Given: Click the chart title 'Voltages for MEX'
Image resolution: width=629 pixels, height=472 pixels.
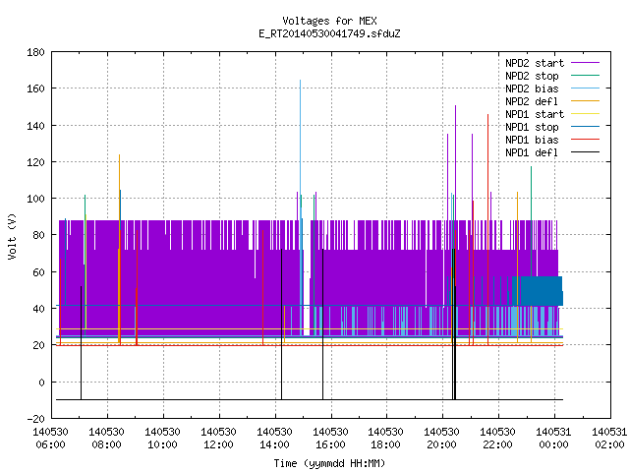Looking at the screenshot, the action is pyautogui.click(x=329, y=21).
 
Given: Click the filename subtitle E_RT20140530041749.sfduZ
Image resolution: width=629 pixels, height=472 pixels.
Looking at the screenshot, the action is pyautogui.click(x=329, y=33).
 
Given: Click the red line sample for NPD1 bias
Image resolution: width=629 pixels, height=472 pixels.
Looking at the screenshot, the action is pyautogui.click(x=586, y=140).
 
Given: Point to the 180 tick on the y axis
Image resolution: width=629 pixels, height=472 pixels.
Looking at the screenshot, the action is pyautogui.click(x=35, y=52).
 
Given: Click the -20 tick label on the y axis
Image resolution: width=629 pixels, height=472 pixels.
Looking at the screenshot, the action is pyautogui.click(x=35, y=419).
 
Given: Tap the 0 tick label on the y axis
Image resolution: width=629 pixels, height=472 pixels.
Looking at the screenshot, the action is pyautogui.click(x=41, y=383).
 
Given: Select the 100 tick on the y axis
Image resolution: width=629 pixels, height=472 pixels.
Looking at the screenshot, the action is pyautogui.click(x=35, y=199).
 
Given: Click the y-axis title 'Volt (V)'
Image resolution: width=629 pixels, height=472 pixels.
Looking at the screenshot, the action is pyautogui.click(x=12, y=236).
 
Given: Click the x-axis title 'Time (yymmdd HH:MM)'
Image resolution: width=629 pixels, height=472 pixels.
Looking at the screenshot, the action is pyautogui.click(x=329, y=463).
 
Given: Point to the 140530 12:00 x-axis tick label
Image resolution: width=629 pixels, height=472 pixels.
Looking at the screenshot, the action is pyautogui.click(x=218, y=439).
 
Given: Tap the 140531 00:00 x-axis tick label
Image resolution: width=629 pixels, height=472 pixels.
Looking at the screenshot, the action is pyautogui.click(x=553, y=439).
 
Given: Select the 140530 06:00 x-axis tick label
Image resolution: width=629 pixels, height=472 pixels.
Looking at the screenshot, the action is pyautogui.click(x=50, y=439).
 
